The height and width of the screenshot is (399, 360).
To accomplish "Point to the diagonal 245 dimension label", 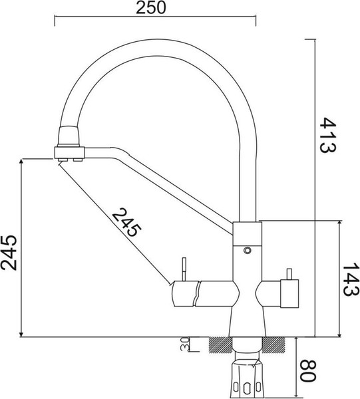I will [x=126, y=223].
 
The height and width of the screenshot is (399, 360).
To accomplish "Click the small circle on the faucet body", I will [x=248, y=251].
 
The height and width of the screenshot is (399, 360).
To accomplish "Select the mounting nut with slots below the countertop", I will [x=247, y=379].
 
